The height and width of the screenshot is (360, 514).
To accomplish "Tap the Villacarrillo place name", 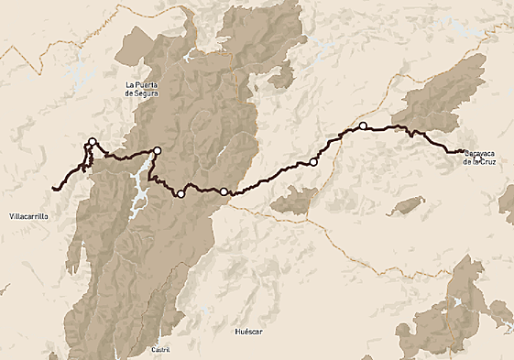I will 27,215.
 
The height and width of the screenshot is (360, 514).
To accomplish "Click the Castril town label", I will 161,350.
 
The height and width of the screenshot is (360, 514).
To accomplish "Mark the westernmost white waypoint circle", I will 92,141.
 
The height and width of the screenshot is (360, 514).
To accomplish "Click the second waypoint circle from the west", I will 157,150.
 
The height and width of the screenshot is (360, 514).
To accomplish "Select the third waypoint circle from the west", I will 180,193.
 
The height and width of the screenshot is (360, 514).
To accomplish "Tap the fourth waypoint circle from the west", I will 224,191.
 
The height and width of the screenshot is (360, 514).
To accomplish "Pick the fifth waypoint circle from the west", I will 313,162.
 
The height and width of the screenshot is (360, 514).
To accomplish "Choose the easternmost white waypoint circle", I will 363,125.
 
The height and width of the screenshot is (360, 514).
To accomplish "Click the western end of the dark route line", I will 54,189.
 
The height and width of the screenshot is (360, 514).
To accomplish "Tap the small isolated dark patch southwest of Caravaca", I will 403,203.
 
